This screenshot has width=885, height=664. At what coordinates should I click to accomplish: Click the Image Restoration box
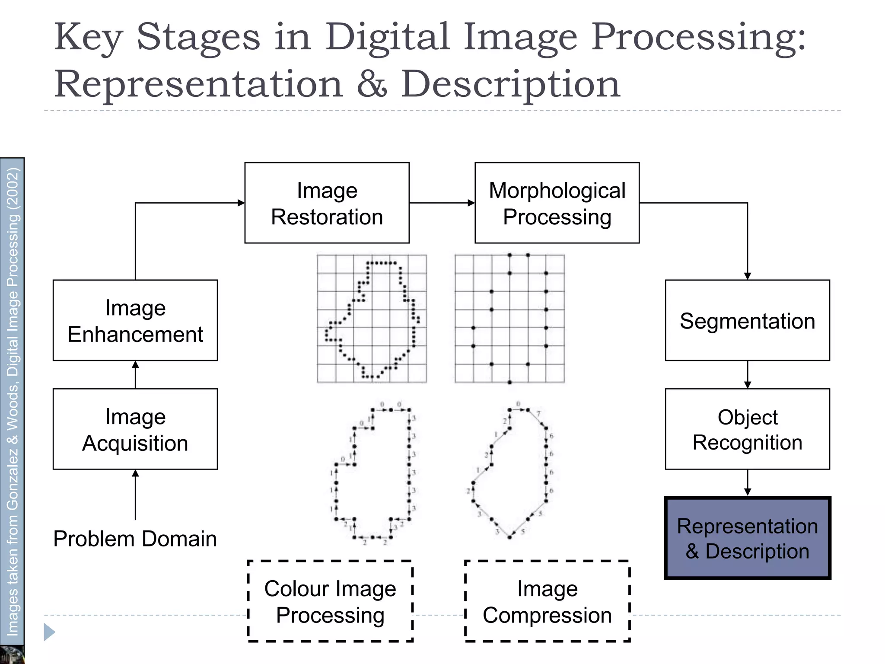click(x=327, y=203)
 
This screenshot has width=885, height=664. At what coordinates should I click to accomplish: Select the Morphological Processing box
click(x=557, y=203)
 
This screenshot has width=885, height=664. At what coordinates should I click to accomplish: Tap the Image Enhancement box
click(x=135, y=320)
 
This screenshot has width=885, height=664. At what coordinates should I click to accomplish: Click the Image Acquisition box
click(x=135, y=429)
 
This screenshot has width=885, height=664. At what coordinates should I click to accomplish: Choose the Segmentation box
click(x=747, y=320)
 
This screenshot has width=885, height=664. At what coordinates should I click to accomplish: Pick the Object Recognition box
click(x=747, y=429)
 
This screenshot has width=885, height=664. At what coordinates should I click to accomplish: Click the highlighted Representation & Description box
click(x=747, y=538)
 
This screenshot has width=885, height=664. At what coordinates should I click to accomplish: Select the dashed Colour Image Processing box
click(x=330, y=601)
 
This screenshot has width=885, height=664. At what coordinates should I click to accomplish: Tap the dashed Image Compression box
click(x=548, y=601)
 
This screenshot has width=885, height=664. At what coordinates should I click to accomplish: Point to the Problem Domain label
click(x=135, y=539)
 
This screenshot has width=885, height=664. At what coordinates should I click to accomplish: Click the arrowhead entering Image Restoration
click(x=241, y=203)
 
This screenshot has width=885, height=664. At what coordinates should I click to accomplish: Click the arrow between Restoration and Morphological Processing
click(x=442, y=203)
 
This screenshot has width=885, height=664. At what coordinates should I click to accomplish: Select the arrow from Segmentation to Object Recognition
click(x=748, y=375)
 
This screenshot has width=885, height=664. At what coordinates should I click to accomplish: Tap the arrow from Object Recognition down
click(x=748, y=483)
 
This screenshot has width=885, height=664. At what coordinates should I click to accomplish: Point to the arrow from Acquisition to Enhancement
click(x=135, y=374)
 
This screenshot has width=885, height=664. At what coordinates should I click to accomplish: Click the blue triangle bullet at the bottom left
click(x=49, y=632)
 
